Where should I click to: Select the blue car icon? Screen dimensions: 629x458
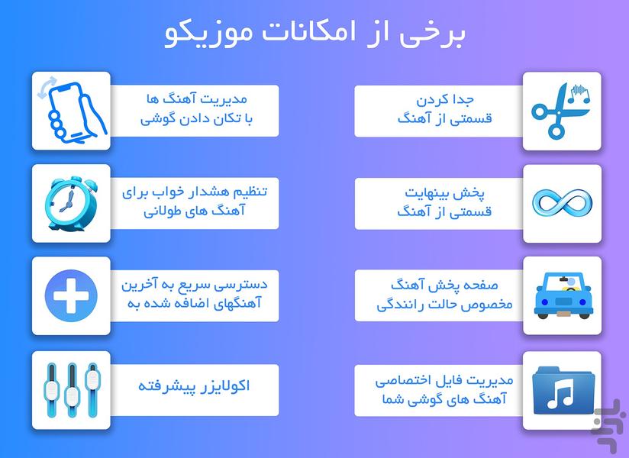point(563,296)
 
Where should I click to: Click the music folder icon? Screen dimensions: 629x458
point(563,390)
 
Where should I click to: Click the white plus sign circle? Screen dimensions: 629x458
point(71,296)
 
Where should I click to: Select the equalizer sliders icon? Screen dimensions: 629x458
point(72,390)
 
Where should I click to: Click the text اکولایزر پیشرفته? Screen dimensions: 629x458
point(194,386)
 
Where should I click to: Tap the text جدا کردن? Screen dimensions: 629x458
point(445,98)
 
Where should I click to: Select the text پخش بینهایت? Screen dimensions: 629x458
point(444,193)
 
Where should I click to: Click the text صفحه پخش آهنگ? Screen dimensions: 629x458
point(444,285)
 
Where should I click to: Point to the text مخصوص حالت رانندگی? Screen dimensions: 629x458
point(444,305)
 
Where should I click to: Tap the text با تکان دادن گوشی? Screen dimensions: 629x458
point(196,119)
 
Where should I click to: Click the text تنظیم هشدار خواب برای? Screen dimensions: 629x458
point(195,192)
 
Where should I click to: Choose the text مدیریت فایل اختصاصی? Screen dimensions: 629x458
point(444,380)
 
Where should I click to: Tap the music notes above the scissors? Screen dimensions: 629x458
point(579,94)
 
